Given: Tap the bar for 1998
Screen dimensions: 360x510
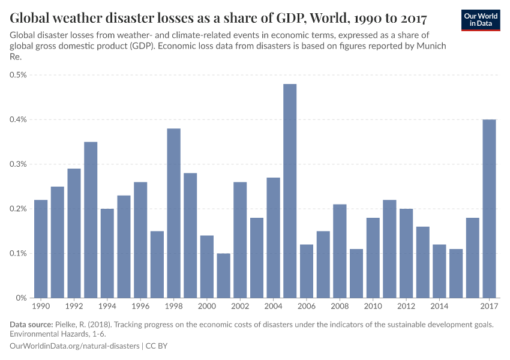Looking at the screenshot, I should (x=173, y=213).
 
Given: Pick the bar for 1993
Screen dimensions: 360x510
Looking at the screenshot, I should (x=91, y=220).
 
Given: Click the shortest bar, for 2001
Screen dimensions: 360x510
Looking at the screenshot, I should (x=223, y=275).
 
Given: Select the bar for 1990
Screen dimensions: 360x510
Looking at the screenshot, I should (x=41, y=248).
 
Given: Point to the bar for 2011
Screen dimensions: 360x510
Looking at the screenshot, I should (x=389, y=248).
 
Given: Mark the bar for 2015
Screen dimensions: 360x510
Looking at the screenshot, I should (x=456, y=273).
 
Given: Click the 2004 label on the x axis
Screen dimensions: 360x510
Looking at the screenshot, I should (x=273, y=307).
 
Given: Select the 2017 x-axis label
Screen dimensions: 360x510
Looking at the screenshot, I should (x=489, y=307).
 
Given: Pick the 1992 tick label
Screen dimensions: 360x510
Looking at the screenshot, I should (x=74, y=307).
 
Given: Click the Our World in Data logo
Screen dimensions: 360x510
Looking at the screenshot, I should (x=481, y=20).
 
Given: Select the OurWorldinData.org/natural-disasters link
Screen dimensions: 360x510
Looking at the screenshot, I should (x=74, y=346).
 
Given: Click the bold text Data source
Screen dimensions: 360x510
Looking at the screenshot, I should (x=34, y=325).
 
